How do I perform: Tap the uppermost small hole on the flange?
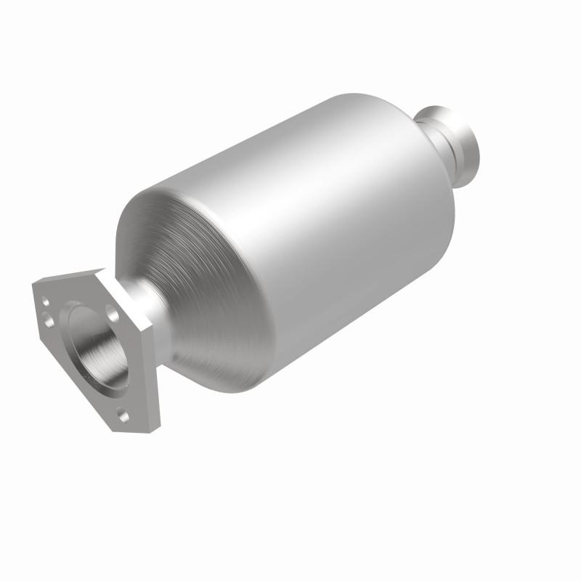coord(46,298)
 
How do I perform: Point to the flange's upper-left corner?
coord(35,285)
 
